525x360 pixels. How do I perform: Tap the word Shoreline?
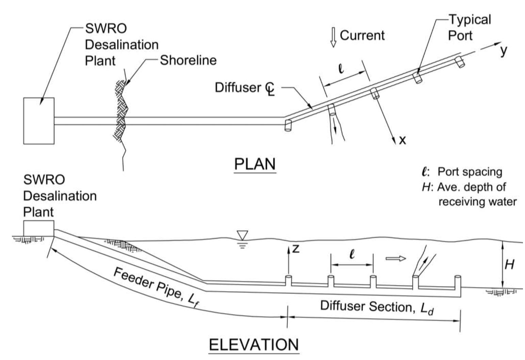click(x=188, y=60)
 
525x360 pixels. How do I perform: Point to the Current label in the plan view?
click(x=362, y=35)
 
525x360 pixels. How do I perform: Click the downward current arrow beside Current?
click(x=333, y=38)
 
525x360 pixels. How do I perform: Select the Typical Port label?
click(x=469, y=27)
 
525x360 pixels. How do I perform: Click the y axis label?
click(x=504, y=50)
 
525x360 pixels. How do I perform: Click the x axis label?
click(x=402, y=140)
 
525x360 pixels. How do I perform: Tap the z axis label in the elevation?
click(x=296, y=249)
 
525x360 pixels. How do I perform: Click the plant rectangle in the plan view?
click(x=39, y=121)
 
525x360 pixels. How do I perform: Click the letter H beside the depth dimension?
click(x=509, y=264)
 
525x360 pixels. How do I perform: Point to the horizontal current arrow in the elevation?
click(x=396, y=259)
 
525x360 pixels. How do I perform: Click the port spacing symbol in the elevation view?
click(x=352, y=254)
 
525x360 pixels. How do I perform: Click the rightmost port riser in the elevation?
click(x=458, y=281)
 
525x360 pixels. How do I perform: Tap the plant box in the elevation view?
click(x=38, y=228)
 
